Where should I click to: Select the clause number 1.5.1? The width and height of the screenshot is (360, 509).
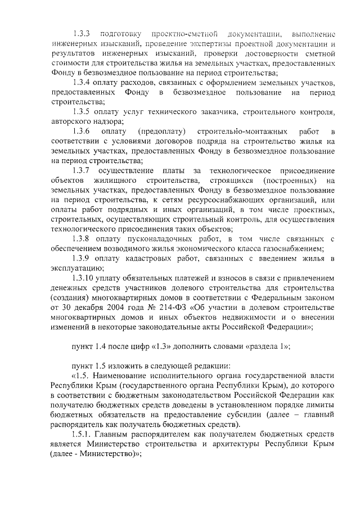82,435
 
